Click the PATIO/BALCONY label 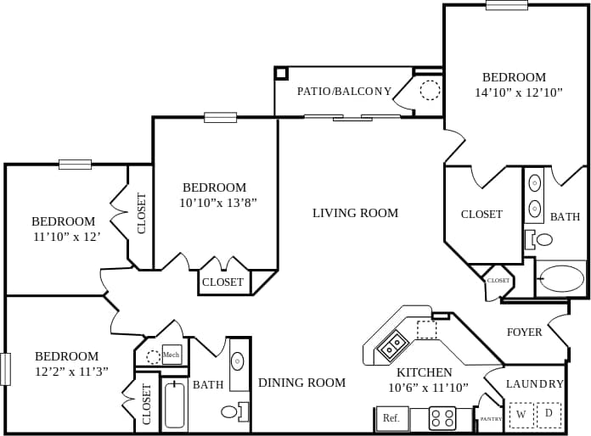pyautogui.click(x=344, y=92)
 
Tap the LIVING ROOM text pyautogui.click(x=355, y=213)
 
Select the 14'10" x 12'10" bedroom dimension pyautogui.click(x=519, y=92)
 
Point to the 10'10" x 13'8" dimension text pyautogui.click(x=217, y=203)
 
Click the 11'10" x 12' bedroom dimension pyautogui.click(x=66, y=237)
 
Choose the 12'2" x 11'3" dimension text pyautogui.click(x=71, y=372)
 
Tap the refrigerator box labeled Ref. pyautogui.click(x=391, y=418)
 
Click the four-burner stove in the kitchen pyautogui.click(x=442, y=417)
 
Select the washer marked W pyautogui.click(x=521, y=415)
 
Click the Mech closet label pyautogui.click(x=172, y=355)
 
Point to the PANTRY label pyautogui.click(x=491, y=418)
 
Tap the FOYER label pyautogui.click(x=524, y=333)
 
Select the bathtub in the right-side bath pyautogui.click(x=561, y=278)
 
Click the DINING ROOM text pyautogui.click(x=301, y=383)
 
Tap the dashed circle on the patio pyautogui.click(x=431, y=90)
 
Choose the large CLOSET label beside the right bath pyautogui.click(x=481, y=215)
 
